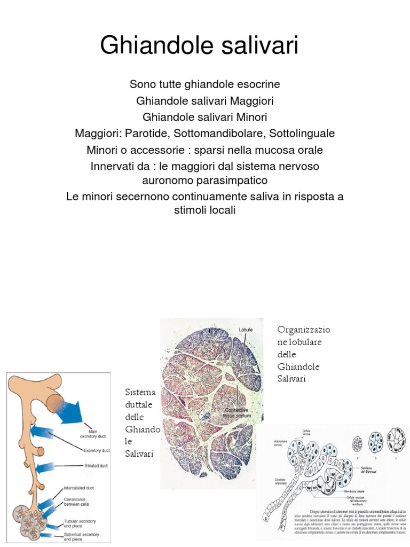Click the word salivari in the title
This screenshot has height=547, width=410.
pyautogui.click(x=258, y=46)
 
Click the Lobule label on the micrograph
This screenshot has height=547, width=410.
pyautogui.click(x=246, y=330)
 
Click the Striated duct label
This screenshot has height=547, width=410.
pyautogui.click(x=96, y=465)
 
